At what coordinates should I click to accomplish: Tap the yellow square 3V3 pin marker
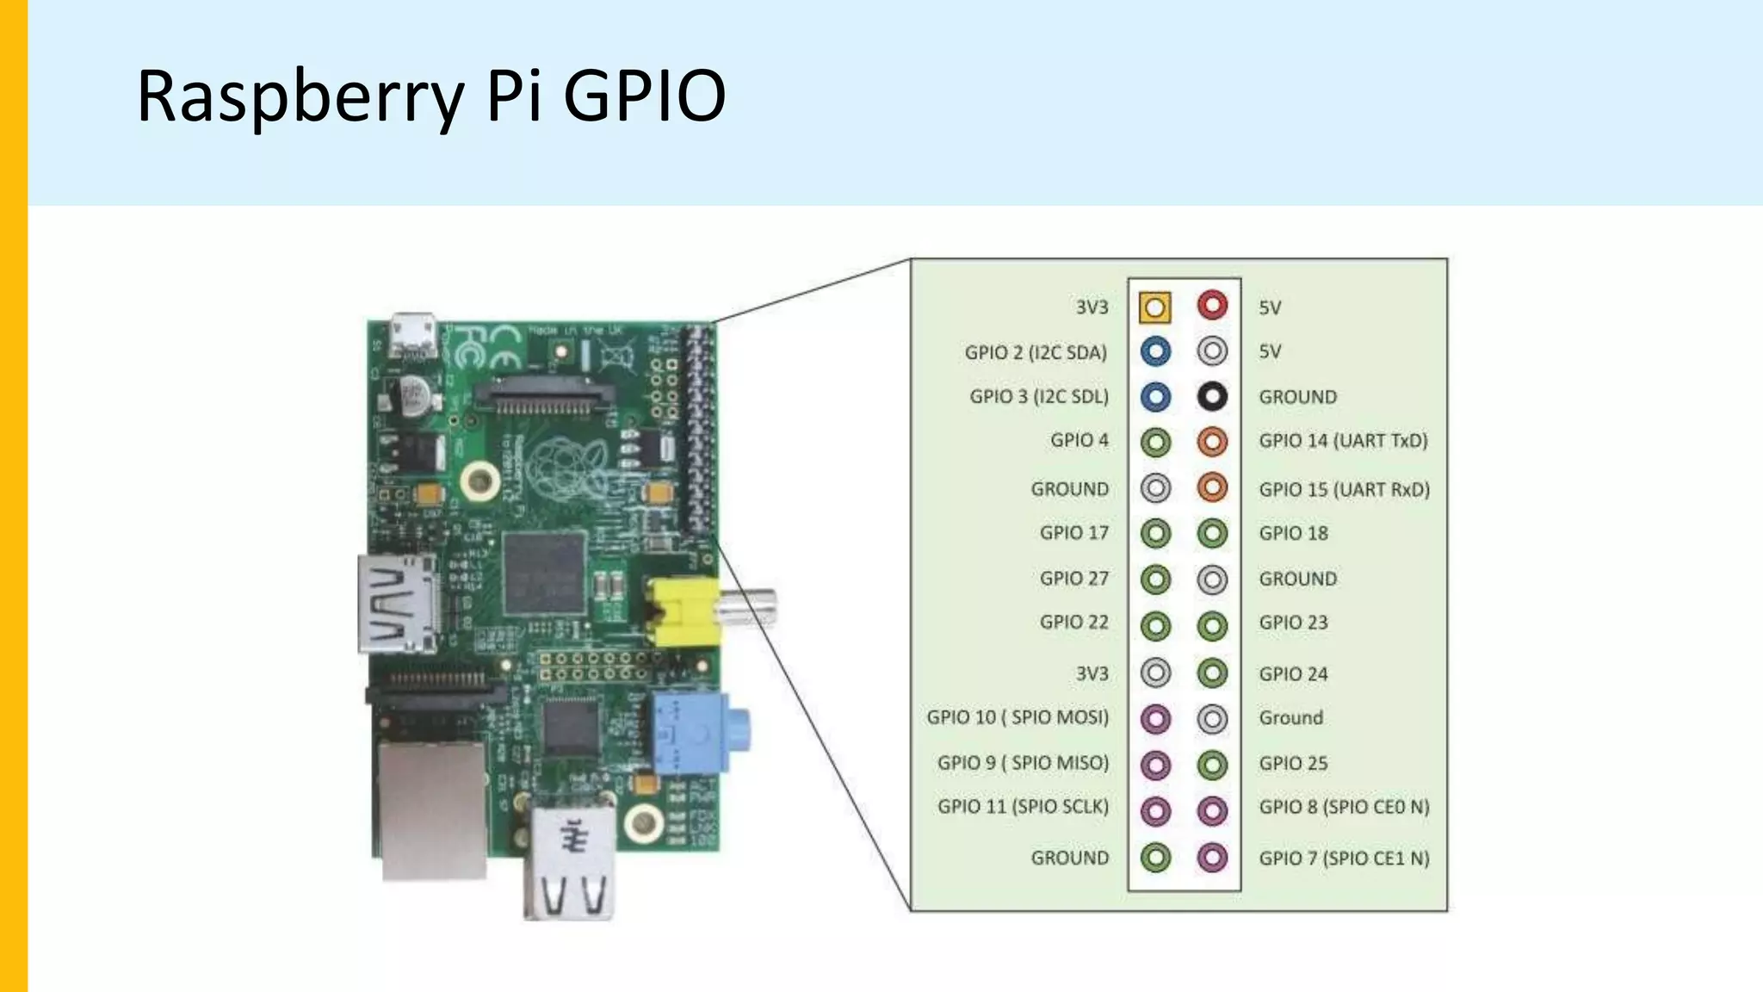[x=1155, y=307]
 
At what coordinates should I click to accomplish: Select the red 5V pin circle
[x=1212, y=305]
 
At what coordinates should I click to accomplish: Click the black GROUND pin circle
[x=1212, y=396]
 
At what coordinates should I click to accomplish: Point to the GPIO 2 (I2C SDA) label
[x=1036, y=352]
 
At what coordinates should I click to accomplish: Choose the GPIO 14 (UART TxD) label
[x=1343, y=441]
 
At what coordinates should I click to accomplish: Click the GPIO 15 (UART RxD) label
[x=1344, y=489]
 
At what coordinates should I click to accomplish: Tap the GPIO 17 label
[x=1073, y=533]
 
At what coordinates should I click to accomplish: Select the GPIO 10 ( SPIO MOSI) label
[x=1018, y=717]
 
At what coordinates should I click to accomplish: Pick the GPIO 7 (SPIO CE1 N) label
[x=1344, y=858]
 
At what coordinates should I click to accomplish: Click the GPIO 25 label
[x=1293, y=763]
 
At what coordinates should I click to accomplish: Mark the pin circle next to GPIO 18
[x=1212, y=533]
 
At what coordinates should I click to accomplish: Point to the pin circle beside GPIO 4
[x=1155, y=442]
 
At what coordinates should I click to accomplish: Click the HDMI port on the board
[x=397, y=604]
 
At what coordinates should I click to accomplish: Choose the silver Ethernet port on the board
[x=431, y=809]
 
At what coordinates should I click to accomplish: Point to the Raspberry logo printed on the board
[x=568, y=466]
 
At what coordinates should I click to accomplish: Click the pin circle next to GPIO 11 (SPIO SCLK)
[x=1155, y=809]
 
